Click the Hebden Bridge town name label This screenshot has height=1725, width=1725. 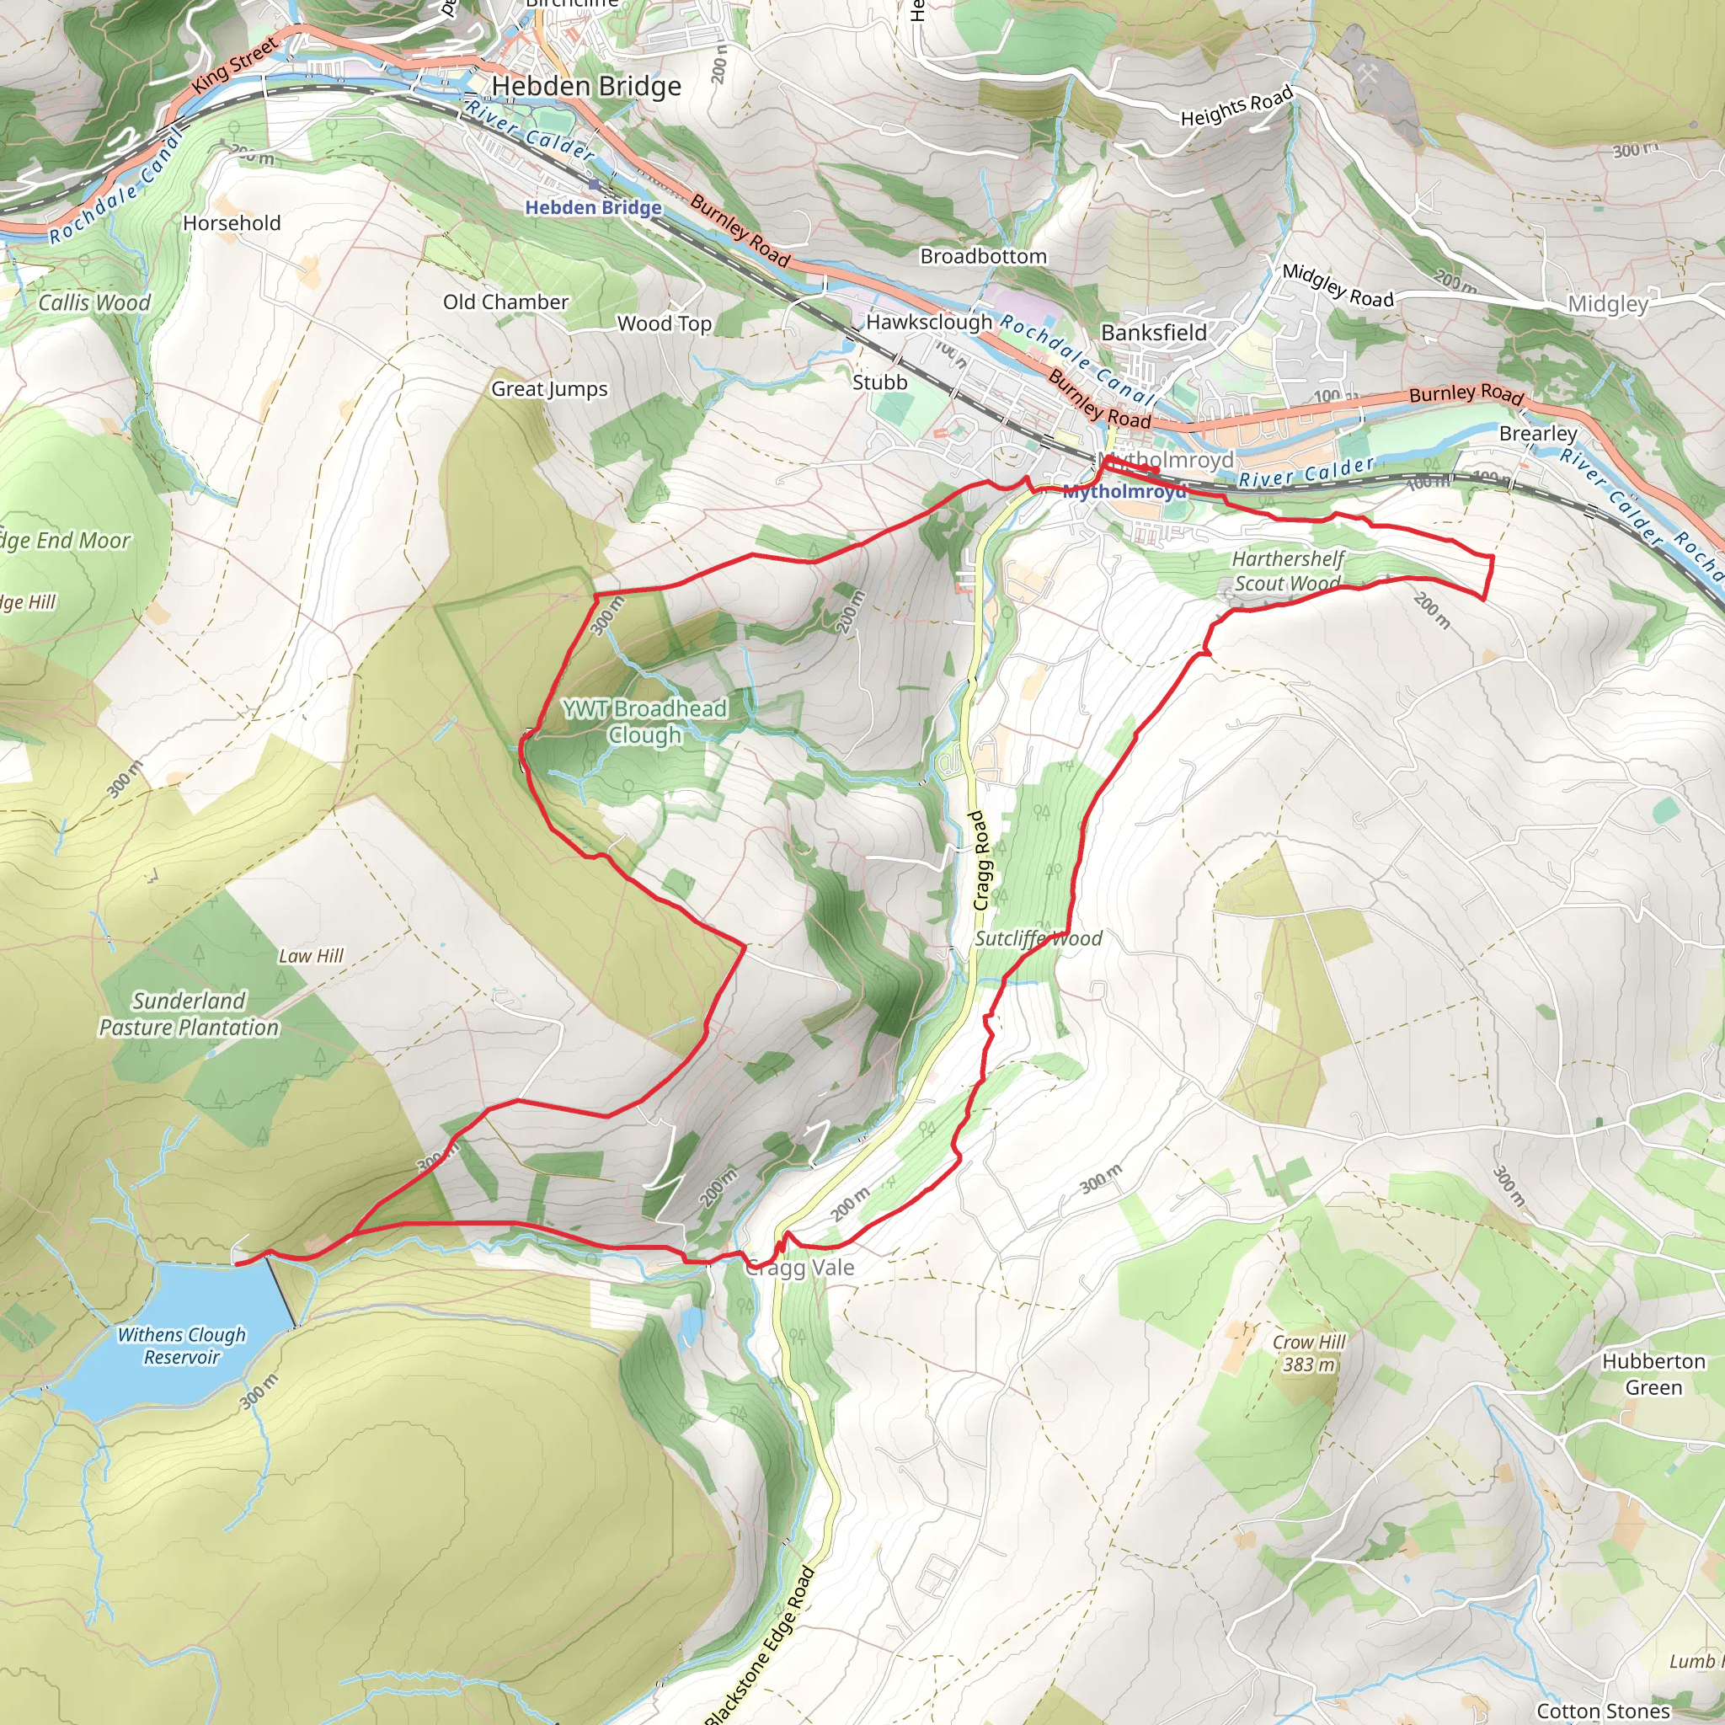tap(585, 87)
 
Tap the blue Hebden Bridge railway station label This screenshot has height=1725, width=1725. tap(593, 208)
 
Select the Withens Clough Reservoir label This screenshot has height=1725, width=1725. tap(181, 1345)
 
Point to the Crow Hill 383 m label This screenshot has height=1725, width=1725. tap(1309, 1354)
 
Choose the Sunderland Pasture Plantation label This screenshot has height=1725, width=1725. tap(190, 1014)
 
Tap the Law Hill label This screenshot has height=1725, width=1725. tap(311, 956)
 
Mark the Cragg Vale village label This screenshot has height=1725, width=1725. tap(802, 1268)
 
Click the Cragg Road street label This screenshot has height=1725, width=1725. tap(980, 861)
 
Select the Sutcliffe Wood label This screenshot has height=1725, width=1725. tap(1039, 938)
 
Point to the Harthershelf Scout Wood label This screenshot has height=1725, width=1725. tap(1288, 571)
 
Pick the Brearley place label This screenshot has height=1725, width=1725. tap(1537, 434)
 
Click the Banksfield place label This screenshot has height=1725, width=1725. tap(1154, 333)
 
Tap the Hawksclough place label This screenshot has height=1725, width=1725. tap(928, 322)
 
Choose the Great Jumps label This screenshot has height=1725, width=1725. tap(549, 389)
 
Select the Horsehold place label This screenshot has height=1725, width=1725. tap(232, 223)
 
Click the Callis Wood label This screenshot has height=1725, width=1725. tap(94, 302)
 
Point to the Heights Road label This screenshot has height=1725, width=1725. tap(1236, 107)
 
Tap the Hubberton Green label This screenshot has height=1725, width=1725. tap(1653, 1374)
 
